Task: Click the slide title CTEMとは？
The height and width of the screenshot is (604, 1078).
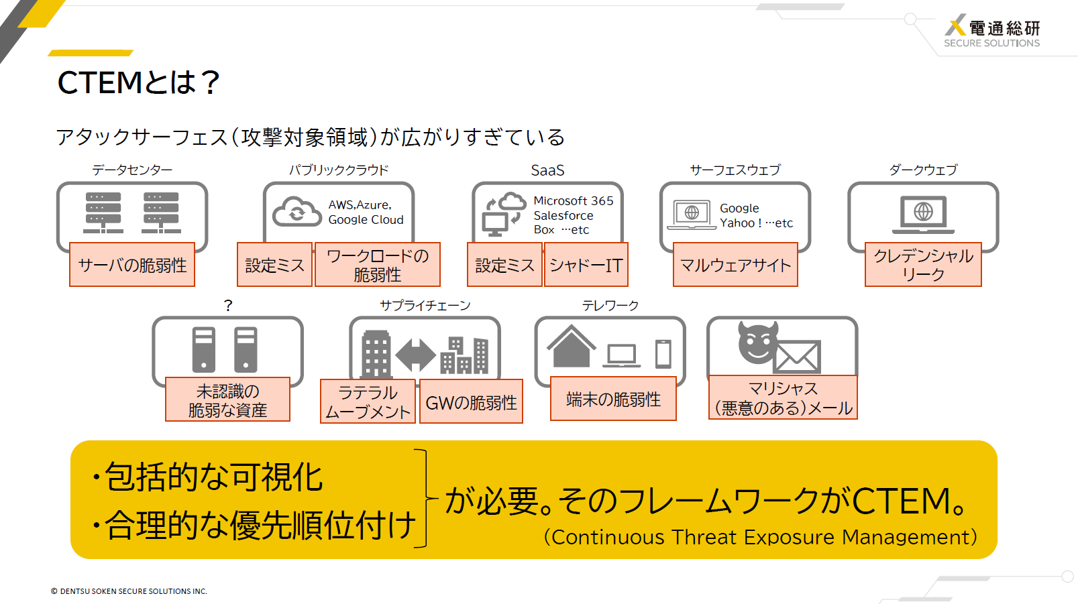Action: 139,82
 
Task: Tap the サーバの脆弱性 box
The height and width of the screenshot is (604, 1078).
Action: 132,265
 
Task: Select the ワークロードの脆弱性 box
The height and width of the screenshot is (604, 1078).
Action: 378,265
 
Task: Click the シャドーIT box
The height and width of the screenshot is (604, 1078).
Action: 586,265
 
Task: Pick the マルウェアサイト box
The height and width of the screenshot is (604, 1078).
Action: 735,265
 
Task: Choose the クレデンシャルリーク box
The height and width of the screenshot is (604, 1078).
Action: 923,265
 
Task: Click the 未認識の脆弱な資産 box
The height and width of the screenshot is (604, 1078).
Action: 227,399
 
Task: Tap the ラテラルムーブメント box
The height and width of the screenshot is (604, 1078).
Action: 368,401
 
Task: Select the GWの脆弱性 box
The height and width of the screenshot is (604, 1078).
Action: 471,401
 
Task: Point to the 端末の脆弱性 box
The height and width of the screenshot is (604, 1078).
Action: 613,399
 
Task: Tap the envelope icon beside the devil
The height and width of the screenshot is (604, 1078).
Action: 796,357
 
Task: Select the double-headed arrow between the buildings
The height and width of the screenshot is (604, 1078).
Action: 416,355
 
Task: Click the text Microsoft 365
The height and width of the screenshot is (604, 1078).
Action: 573,200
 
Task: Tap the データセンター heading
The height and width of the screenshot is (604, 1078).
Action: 132,170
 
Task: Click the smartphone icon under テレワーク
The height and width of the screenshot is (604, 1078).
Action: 663,354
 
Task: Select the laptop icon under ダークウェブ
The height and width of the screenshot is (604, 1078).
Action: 923,215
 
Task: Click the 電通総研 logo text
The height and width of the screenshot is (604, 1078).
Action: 1004,28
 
